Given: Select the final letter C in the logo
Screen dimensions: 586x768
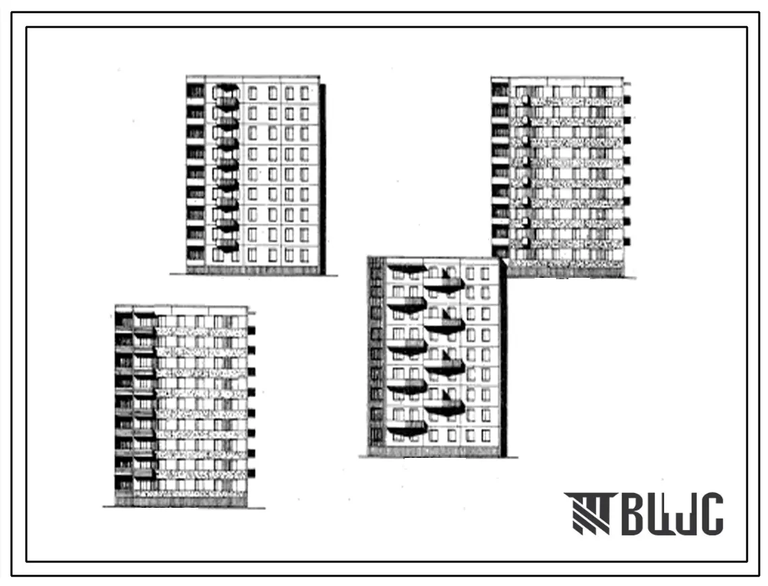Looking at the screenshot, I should tap(711, 515).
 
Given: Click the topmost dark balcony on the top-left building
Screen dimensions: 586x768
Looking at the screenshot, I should tap(227, 88).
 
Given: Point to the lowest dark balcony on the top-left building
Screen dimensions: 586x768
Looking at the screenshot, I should tap(227, 245).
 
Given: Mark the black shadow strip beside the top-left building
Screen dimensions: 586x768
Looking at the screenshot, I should tap(322, 179).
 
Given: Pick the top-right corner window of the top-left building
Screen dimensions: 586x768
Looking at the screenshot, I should tap(305, 92).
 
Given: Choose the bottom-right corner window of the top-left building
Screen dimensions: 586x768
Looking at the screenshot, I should tap(305, 255).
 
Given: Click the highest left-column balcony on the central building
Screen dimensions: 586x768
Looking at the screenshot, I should tap(406, 269).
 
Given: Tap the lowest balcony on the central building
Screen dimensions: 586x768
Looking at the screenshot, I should tap(406, 428).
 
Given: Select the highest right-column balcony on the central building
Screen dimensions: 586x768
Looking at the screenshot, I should tap(444, 284).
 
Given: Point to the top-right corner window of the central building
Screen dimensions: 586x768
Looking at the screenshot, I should tap(485, 273).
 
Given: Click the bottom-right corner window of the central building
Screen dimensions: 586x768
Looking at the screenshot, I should tap(485, 435).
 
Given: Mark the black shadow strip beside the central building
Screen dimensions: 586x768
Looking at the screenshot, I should tap(503, 357).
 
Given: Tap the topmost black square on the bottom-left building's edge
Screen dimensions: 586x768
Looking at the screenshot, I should tap(252, 330).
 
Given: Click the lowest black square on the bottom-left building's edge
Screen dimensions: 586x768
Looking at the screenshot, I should tap(252, 473).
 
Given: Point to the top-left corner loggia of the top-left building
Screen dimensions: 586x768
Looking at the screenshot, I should tap(195, 91).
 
